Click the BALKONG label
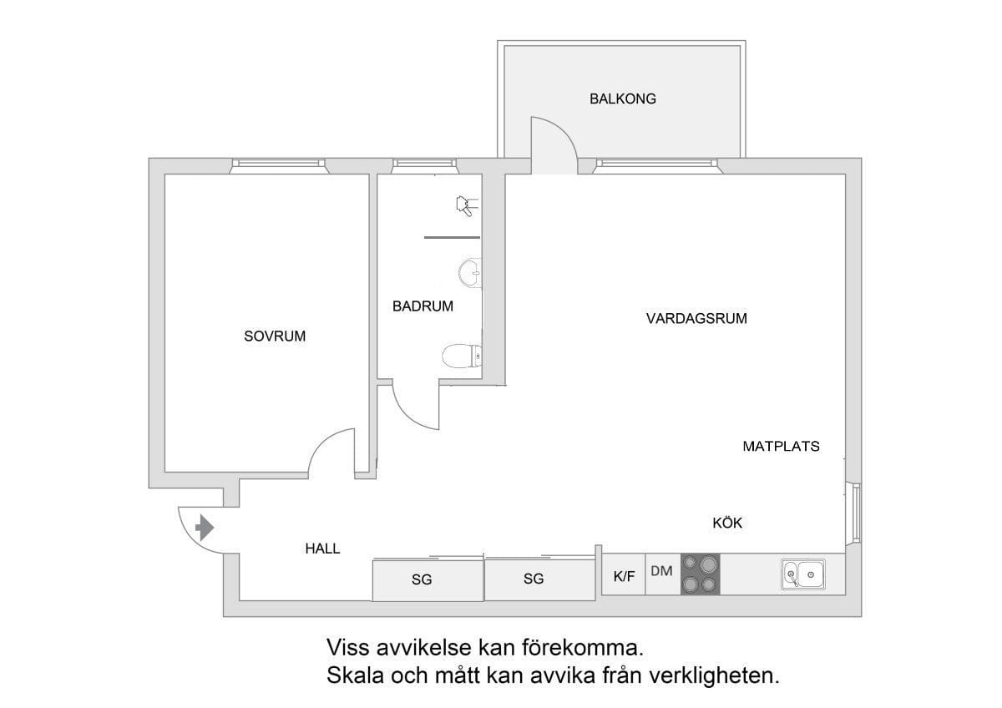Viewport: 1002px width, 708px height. coord(623,99)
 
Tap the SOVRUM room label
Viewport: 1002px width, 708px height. coord(275,336)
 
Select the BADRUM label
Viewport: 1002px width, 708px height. coord(423,306)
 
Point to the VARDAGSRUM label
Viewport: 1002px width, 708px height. coord(696,319)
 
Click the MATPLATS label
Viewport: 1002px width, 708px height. coord(781,447)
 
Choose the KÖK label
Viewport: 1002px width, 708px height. coord(727,522)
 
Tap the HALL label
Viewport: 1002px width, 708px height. coord(322,549)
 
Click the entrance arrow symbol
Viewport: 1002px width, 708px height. coord(205,528)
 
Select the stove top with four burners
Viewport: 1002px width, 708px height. coord(700,574)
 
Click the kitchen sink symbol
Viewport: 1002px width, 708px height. coord(803,574)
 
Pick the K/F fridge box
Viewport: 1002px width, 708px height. coord(624,574)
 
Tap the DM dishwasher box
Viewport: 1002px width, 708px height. coord(663,574)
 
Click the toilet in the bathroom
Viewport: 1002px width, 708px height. coord(462,357)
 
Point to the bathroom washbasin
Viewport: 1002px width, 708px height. coord(470,272)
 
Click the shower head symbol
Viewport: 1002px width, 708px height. coord(466,205)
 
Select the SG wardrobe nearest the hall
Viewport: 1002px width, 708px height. coord(428,580)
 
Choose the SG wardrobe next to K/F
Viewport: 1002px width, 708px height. coord(540,579)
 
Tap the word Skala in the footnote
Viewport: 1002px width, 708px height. coord(355,675)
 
